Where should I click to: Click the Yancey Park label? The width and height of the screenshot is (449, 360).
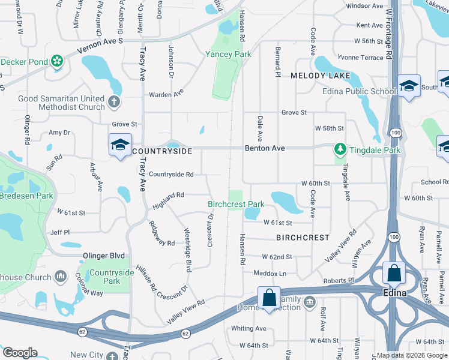point(228,54)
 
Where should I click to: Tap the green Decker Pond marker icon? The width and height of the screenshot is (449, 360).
point(57,61)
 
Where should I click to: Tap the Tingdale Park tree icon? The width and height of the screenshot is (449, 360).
point(340,148)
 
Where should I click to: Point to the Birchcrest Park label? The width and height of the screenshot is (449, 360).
point(236,204)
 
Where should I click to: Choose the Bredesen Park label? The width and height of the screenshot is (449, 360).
point(26,196)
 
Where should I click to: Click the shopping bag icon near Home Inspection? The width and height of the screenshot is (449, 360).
point(270,296)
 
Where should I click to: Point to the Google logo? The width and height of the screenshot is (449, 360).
point(19,353)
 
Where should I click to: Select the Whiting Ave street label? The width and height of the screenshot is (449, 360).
point(249,328)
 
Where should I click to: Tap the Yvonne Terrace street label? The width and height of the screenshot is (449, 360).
point(360,58)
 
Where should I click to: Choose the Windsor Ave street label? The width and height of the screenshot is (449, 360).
point(364,6)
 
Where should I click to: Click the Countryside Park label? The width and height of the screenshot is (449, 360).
point(111,277)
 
